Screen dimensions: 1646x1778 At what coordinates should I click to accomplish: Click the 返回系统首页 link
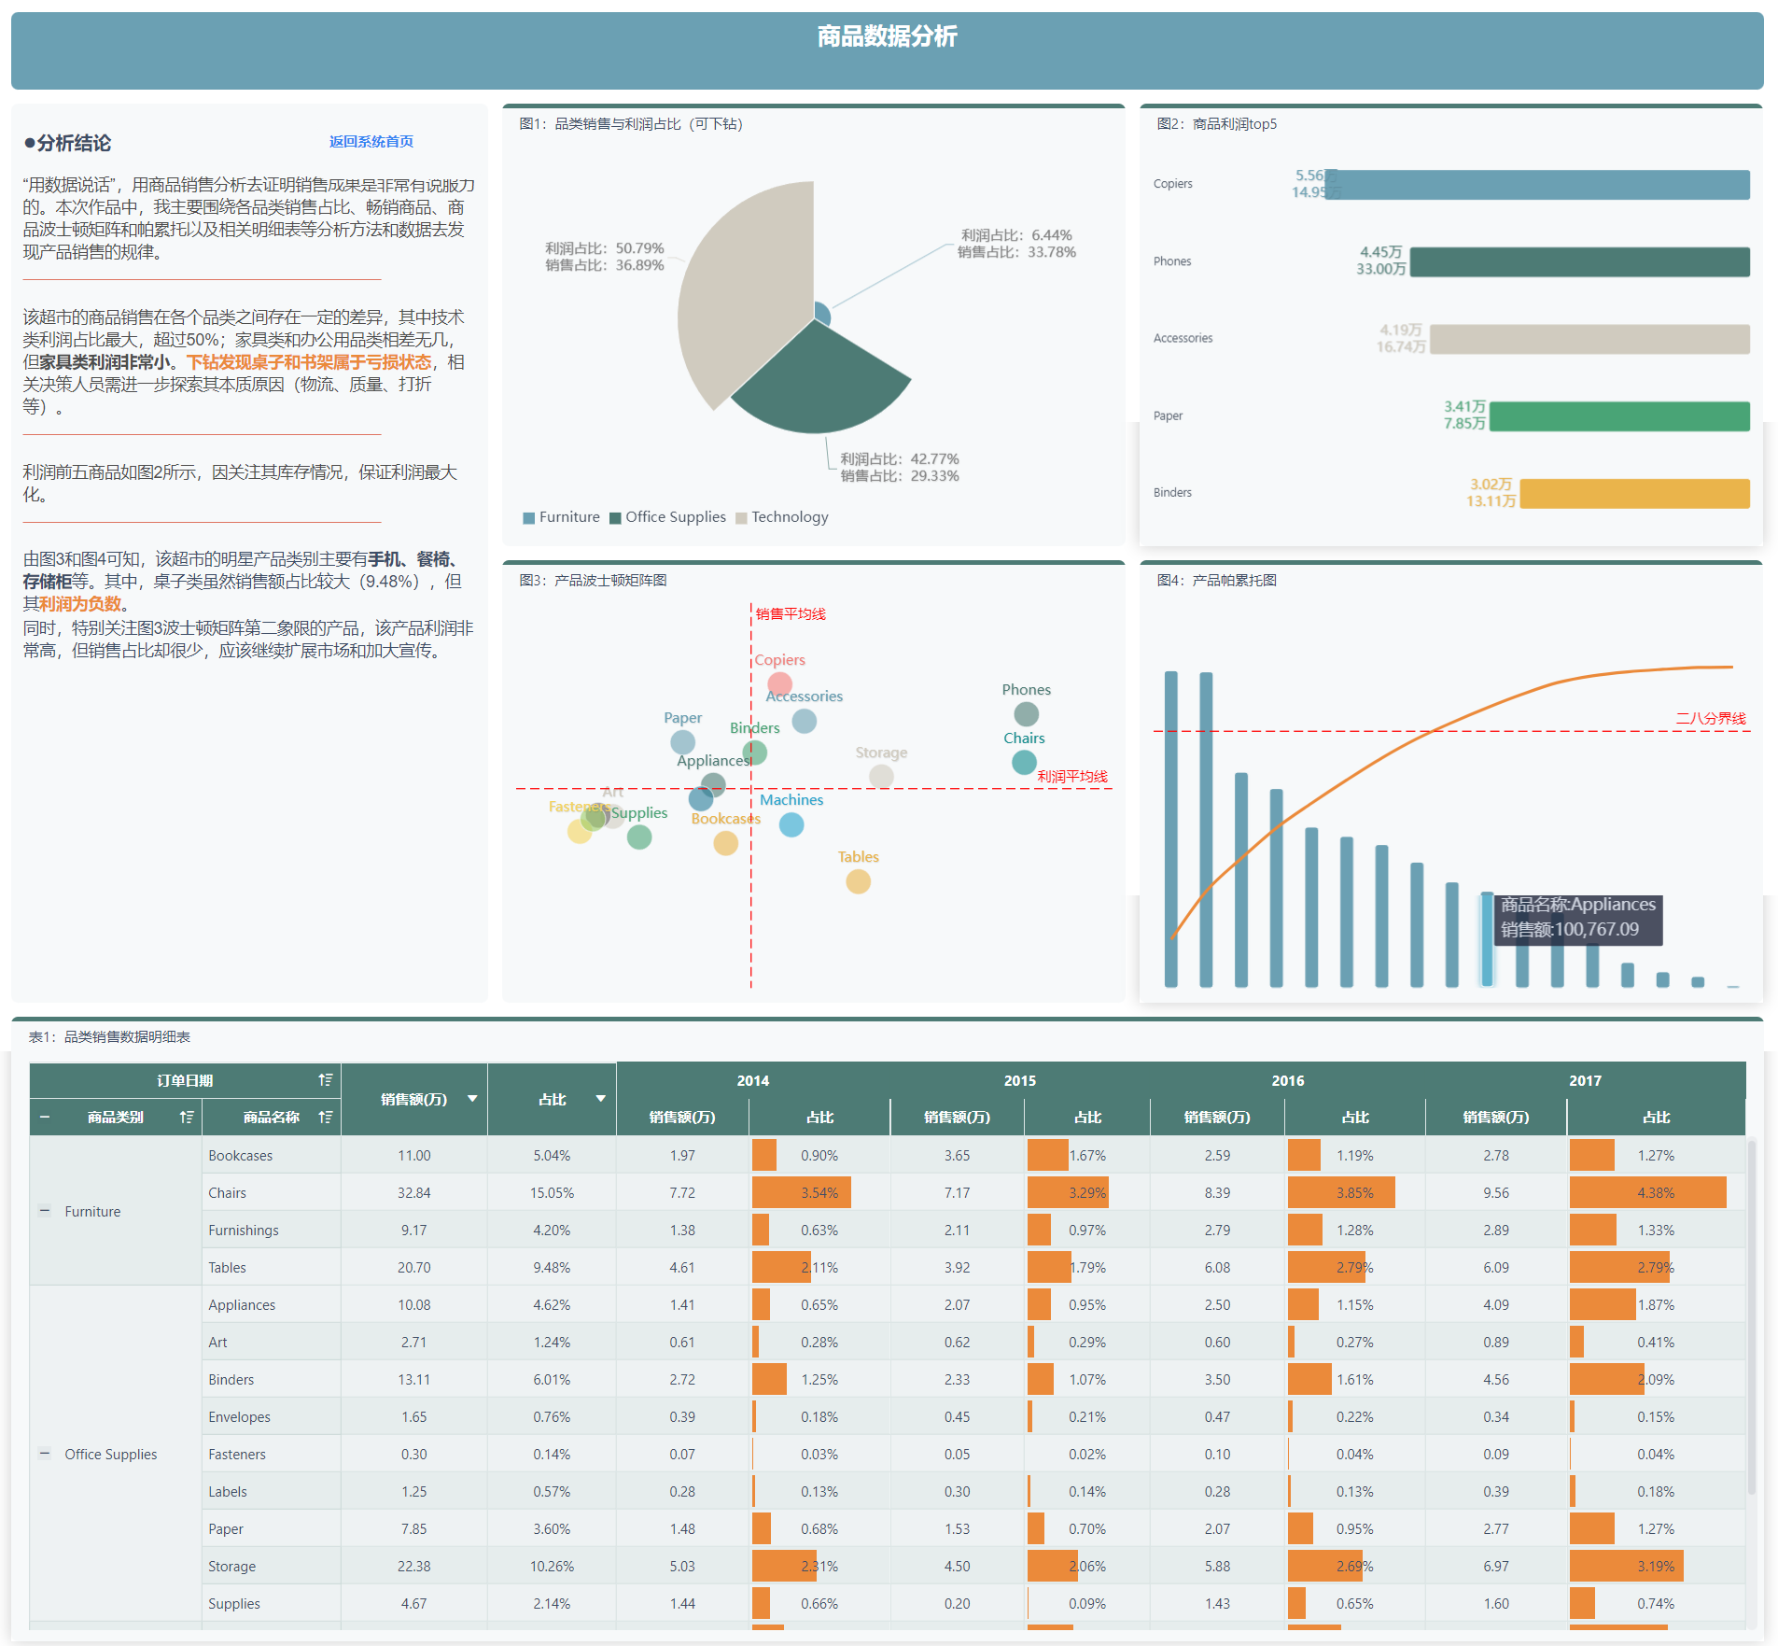tap(371, 142)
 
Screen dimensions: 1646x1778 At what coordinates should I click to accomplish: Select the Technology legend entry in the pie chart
tap(789, 517)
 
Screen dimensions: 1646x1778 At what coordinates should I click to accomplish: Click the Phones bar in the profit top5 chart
tap(1579, 261)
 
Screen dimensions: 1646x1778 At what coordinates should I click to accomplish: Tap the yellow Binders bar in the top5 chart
tap(1633, 493)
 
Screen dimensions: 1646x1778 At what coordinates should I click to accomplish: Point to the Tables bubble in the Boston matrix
tap(858, 881)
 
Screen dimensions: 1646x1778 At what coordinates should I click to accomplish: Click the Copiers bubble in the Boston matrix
tap(779, 683)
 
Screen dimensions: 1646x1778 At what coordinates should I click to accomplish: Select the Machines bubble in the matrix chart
tap(791, 824)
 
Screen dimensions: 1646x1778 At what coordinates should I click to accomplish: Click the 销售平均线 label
tap(791, 613)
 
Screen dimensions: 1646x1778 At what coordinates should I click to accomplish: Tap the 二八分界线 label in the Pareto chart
tap(1710, 718)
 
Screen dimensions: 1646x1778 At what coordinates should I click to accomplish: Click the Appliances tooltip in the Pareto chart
tap(1577, 918)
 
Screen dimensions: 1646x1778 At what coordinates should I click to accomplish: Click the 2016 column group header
tap(1287, 1080)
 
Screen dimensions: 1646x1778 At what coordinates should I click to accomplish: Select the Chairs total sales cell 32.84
tap(413, 1193)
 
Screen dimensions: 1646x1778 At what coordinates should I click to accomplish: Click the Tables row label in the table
tap(227, 1268)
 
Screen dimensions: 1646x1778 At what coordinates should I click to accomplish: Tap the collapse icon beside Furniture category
tap(44, 1211)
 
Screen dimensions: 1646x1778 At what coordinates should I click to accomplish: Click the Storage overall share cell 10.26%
tap(552, 1567)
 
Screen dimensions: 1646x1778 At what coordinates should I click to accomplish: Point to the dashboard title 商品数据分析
tap(887, 36)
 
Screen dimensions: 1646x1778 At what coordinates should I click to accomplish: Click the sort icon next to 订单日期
tap(325, 1080)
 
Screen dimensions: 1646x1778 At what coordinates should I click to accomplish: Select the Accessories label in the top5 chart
tap(1183, 338)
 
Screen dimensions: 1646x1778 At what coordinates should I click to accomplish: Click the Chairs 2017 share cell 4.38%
tap(1655, 1193)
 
